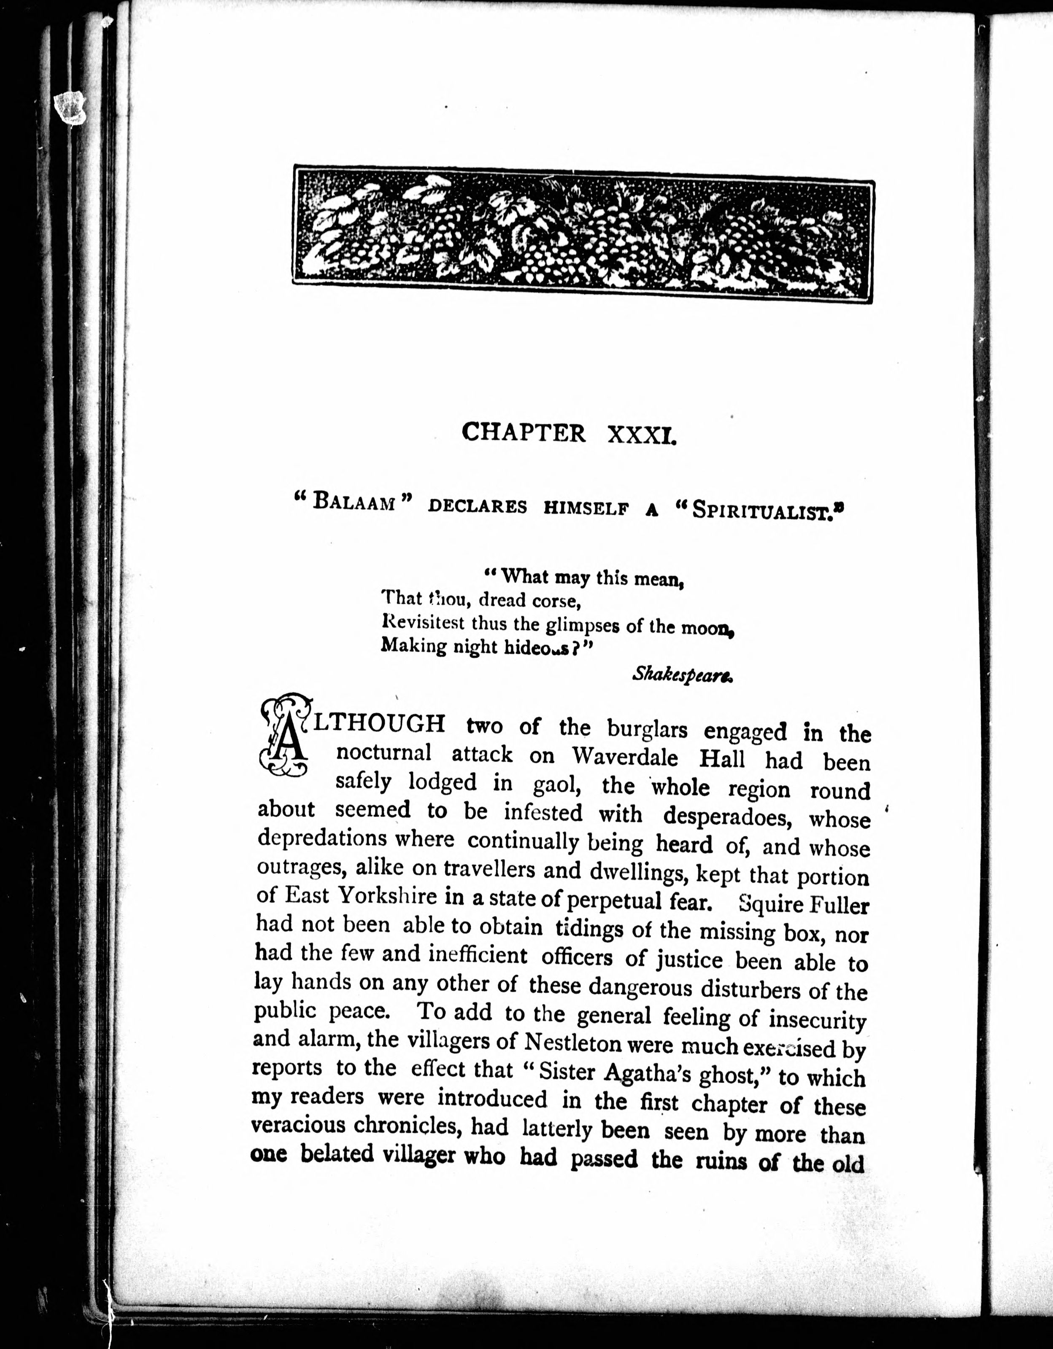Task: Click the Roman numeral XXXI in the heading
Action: tap(642, 434)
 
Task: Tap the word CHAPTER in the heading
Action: tap(524, 433)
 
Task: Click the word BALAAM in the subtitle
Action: tap(354, 502)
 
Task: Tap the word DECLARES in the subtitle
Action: tap(478, 506)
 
